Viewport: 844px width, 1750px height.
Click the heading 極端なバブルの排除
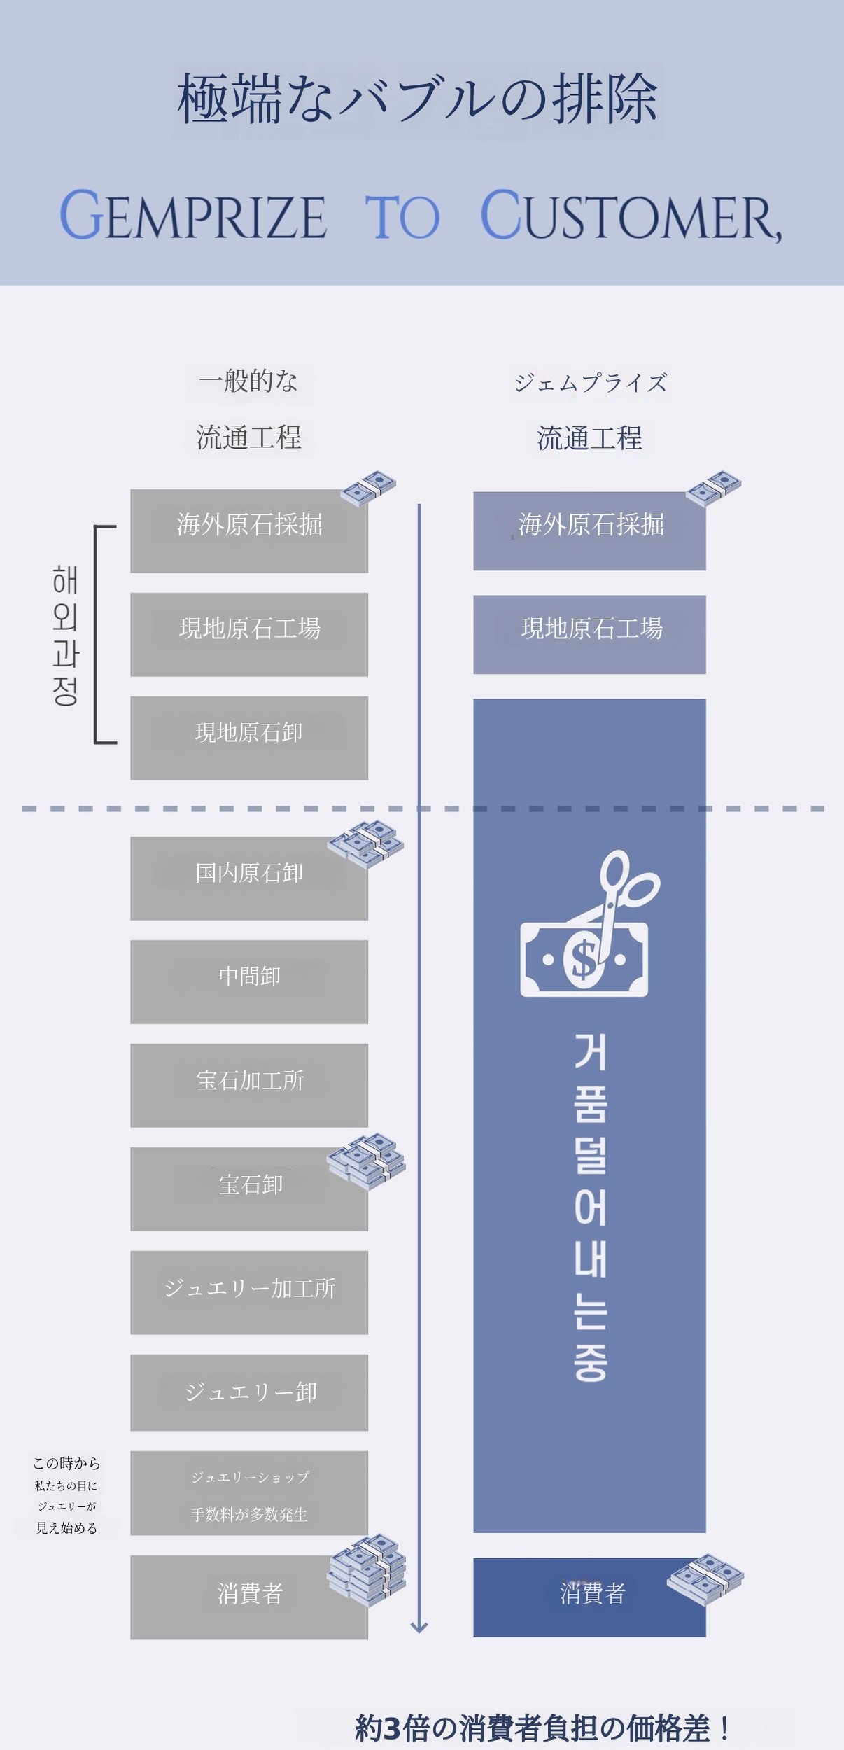pos(417,99)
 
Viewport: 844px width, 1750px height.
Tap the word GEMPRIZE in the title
pos(193,216)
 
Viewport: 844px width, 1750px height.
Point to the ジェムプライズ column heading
pos(591,383)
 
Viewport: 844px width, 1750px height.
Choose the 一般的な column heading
pos(248,381)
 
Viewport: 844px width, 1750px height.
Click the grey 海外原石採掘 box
pos(249,531)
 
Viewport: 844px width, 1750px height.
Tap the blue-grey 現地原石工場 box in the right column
pos(589,634)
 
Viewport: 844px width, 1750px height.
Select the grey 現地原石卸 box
pos(249,738)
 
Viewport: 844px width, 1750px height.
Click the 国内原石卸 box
pos(249,878)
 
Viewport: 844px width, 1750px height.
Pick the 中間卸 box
pos(249,981)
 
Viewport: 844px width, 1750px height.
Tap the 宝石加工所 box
pos(249,1085)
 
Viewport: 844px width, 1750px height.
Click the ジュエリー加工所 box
pos(249,1292)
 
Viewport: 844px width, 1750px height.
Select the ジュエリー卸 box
pos(249,1392)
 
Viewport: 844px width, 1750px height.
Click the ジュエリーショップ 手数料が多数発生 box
pos(249,1493)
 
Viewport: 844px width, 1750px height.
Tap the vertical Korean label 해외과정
pos(65,635)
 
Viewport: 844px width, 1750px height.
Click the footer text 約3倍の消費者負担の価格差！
pos(543,1728)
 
